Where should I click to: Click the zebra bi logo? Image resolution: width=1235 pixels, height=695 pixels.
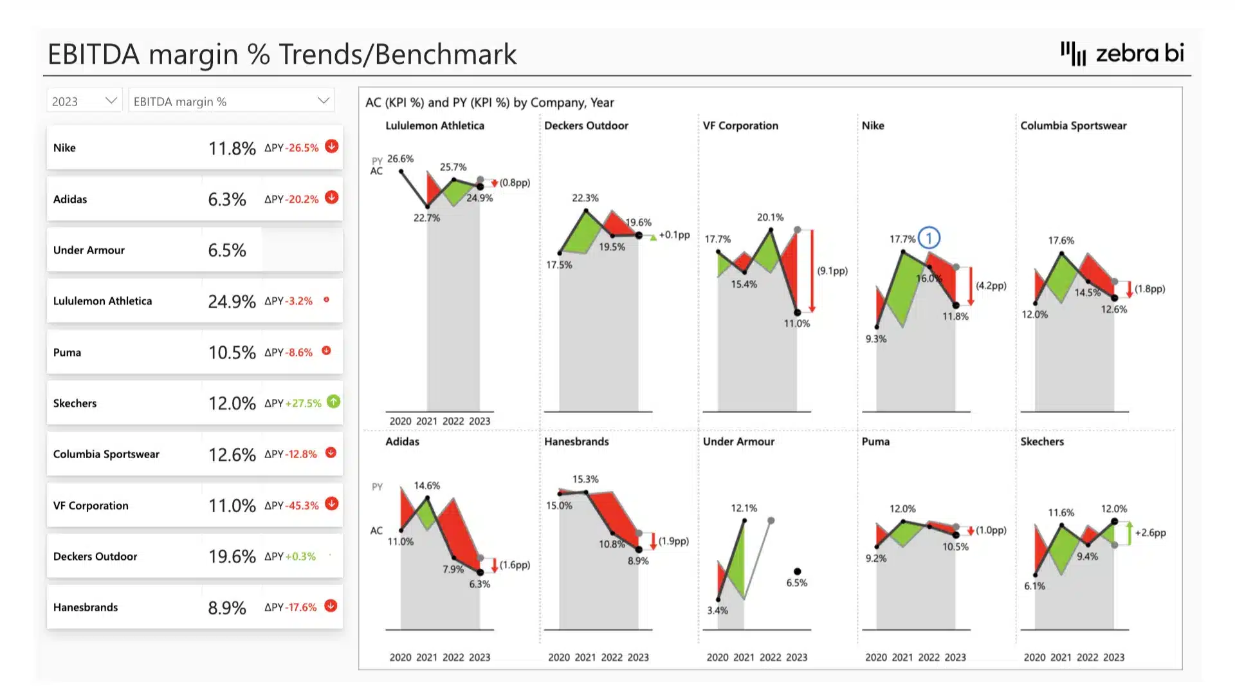(1122, 53)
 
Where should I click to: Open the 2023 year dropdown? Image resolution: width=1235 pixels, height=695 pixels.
(84, 101)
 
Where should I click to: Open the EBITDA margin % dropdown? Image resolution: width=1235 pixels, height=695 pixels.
(231, 101)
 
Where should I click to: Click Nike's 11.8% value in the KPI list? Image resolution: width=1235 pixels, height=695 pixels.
(232, 148)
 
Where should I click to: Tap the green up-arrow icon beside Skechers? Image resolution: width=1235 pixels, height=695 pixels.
(333, 402)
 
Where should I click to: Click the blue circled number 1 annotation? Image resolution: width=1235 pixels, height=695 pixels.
(929, 238)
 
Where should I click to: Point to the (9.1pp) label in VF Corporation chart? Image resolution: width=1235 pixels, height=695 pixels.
(832, 271)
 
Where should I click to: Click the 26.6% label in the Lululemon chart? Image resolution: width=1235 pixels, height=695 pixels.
(400, 158)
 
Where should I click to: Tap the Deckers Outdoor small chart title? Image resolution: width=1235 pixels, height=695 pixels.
(586, 125)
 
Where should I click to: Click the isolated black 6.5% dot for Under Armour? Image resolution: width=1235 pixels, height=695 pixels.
(797, 571)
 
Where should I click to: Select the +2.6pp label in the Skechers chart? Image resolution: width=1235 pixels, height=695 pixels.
(1150, 533)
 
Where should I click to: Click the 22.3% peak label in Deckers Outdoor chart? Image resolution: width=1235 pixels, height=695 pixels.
(585, 198)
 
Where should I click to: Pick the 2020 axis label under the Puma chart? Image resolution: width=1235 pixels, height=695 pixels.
(875, 657)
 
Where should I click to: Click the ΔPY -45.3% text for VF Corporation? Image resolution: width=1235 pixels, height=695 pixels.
(291, 506)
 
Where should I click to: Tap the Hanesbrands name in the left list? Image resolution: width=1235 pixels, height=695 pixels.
(86, 607)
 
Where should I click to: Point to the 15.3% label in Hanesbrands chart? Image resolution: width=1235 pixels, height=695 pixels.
(585, 479)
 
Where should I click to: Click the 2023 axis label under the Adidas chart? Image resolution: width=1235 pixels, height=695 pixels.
(479, 657)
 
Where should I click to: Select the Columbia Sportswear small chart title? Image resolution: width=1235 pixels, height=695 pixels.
(1073, 125)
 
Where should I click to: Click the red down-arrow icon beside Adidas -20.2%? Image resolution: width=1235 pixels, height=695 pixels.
(331, 198)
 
